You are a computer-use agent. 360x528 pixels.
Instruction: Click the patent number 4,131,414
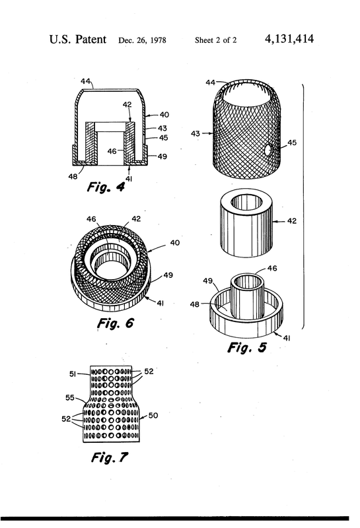pyautogui.click(x=289, y=39)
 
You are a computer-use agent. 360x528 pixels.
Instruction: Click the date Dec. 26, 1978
pyautogui.click(x=142, y=40)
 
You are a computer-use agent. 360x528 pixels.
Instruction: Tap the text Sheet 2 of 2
pyautogui.click(x=216, y=40)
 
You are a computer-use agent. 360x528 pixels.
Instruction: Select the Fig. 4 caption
pyautogui.click(x=106, y=187)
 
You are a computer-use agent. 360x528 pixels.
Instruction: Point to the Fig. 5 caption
pyautogui.click(x=247, y=347)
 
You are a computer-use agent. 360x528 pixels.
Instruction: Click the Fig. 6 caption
pyautogui.click(x=116, y=323)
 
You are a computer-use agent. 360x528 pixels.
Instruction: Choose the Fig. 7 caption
pyautogui.click(x=110, y=457)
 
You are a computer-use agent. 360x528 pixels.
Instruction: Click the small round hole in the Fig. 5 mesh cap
pyautogui.click(x=269, y=150)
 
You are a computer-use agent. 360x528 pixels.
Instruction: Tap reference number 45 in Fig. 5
pyautogui.click(x=292, y=143)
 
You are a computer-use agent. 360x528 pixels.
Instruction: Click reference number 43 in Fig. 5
pyautogui.click(x=195, y=134)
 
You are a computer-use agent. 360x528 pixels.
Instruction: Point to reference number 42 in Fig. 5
pyautogui.click(x=292, y=221)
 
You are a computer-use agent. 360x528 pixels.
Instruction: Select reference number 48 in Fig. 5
pyautogui.click(x=195, y=304)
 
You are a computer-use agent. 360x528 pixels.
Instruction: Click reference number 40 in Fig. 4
pyautogui.click(x=164, y=115)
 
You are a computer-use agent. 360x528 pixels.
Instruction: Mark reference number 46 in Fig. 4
pyautogui.click(x=112, y=152)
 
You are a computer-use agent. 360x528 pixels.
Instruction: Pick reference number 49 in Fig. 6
pyautogui.click(x=168, y=275)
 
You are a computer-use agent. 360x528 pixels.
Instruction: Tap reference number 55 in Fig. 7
pyautogui.click(x=70, y=398)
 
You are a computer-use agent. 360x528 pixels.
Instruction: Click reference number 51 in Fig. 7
pyautogui.click(x=73, y=374)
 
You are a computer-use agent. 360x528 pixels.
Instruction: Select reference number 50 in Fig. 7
pyautogui.click(x=153, y=415)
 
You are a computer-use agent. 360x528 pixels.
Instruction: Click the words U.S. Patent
pyautogui.click(x=78, y=40)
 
